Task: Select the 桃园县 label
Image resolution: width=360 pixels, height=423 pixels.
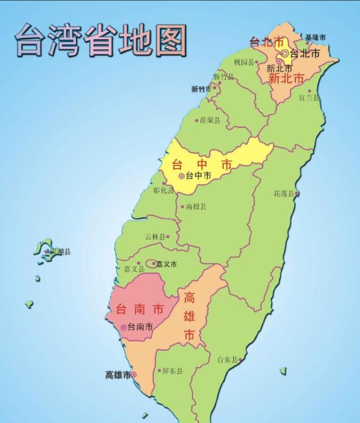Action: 244,62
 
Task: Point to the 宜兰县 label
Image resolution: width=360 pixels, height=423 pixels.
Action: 309,98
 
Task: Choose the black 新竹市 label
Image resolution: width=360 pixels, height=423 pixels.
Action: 201,89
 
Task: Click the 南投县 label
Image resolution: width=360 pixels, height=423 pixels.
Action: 196,206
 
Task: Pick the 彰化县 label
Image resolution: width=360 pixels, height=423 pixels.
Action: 163,191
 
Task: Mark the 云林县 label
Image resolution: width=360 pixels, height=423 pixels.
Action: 155,236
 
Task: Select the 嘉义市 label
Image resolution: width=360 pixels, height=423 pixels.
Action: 166,264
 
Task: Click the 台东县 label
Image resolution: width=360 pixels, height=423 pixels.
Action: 227,360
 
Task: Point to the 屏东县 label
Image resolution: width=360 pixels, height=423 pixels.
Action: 172,371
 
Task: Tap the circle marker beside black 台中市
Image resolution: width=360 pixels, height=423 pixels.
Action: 182,176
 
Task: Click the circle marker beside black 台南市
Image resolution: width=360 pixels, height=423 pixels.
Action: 124,327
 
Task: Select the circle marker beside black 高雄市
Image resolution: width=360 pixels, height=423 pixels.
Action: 134,375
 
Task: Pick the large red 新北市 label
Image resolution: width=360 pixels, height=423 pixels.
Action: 286,78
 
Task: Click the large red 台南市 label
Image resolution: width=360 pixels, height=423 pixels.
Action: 140,310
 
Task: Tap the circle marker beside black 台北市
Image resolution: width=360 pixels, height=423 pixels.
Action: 285,54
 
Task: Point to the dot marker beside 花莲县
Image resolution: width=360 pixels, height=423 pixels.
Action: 296,193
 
